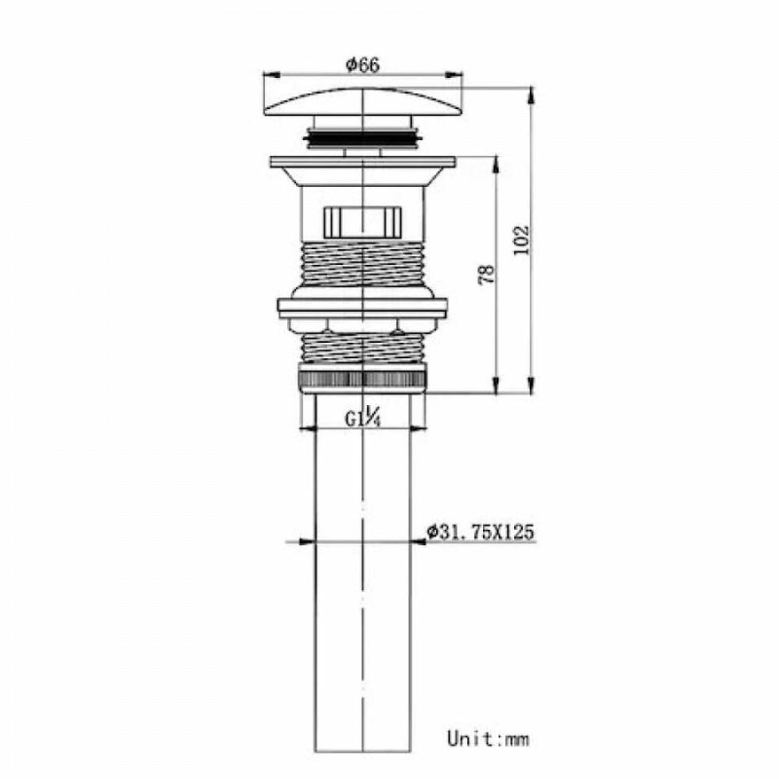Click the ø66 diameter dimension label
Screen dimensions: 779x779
coord(362,65)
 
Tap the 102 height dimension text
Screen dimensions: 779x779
coord(522,240)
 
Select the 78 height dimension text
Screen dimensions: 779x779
coord(487,275)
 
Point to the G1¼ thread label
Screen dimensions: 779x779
coord(363,418)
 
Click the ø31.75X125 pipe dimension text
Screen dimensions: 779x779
coord(480,532)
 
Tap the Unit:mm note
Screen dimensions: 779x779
coord(488,738)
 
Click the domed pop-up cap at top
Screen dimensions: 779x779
coord(363,102)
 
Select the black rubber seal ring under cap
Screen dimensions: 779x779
coord(363,136)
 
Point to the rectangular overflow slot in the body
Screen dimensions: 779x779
coord(363,222)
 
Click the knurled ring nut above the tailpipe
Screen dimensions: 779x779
coord(362,378)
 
